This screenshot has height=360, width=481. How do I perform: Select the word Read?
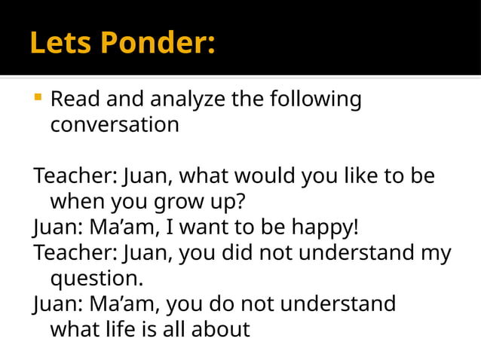75,99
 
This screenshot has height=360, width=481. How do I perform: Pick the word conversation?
115,124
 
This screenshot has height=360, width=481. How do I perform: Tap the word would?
267,176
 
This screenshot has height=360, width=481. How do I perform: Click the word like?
351,176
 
